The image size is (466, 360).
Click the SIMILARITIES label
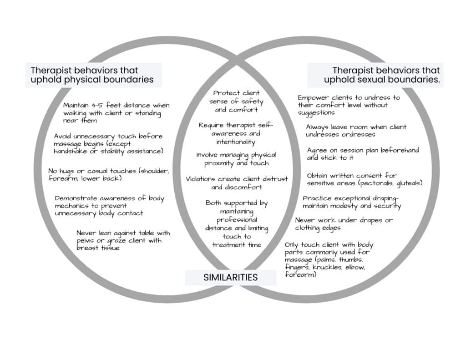230,277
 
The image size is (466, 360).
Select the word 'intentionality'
236,142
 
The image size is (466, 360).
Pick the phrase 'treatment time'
236,244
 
